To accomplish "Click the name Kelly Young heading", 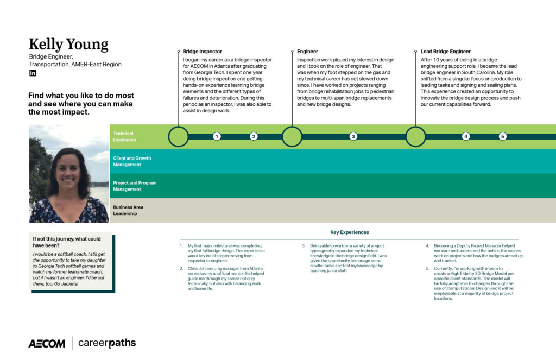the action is [x=68, y=45].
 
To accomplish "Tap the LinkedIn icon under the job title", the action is [x=33, y=73].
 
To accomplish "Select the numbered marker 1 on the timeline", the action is [x=217, y=136].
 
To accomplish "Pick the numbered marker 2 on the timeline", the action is [x=254, y=136].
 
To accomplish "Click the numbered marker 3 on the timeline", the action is [x=353, y=136].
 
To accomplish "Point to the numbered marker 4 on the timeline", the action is [x=466, y=136].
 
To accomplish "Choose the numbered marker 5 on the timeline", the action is [x=502, y=136].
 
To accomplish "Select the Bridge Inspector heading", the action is [x=202, y=52].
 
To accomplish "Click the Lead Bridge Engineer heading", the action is [x=445, y=52].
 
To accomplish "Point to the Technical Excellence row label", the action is [x=124, y=136].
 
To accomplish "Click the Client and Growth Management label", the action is [x=132, y=161].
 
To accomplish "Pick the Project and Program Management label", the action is [x=135, y=186].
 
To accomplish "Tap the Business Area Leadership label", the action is [x=128, y=210].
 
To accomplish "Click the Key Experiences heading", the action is [x=350, y=232].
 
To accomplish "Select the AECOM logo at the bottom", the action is [x=47, y=343].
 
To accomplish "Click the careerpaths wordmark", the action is [x=107, y=343].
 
